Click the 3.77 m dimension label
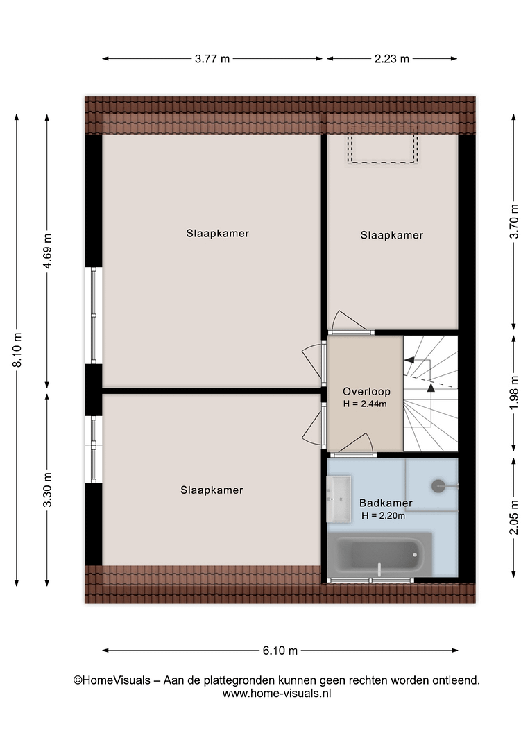click(x=212, y=59)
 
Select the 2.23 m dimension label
click(x=391, y=59)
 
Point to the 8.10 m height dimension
click(x=17, y=350)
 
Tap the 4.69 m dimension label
click(x=47, y=251)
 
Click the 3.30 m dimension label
click(x=47, y=490)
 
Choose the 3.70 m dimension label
click(x=514, y=221)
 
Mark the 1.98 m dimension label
click(x=514, y=393)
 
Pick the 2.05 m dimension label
click(x=514, y=517)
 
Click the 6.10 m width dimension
click(x=280, y=650)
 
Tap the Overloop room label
click(x=366, y=392)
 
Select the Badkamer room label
click(x=386, y=503)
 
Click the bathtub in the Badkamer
click(x=379, y=555)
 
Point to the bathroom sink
click(x=339, y=499)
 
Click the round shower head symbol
click(x=438, y=486)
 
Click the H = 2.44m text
click(x=365, y=404)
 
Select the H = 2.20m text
click(x=384, y=516)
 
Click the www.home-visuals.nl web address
click(x=277, y=694)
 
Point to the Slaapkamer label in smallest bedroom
click(x=391, y=235)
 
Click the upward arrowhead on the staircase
click(x=431, y=388)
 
